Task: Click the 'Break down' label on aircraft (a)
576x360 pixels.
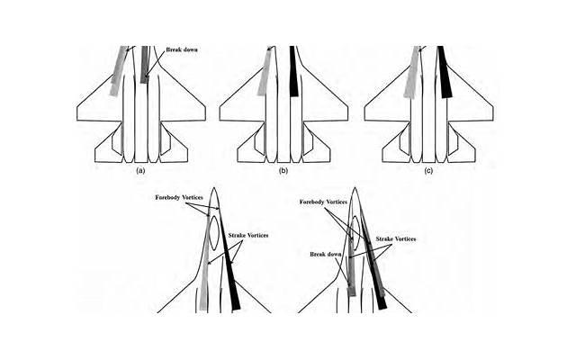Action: click(x=182, y=49)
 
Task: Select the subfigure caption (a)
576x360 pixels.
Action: click(x=140, y=171)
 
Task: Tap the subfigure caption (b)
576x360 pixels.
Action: click(x=283, y=171)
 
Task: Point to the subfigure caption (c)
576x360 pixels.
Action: click(x=428, y=171)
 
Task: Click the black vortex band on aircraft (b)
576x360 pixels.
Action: click(x=293, y=71)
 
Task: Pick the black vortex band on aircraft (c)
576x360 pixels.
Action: click(x=445, y=72)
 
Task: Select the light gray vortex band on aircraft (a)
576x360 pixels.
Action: click(x=119, y=71)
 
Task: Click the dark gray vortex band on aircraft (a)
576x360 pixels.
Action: click(x=144, y=64)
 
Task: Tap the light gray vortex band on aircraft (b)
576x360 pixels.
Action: click(x=265, y=72)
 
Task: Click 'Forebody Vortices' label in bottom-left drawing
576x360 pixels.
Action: click(x=179, y=198)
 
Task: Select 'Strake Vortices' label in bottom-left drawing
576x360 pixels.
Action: click(x=248, y=236)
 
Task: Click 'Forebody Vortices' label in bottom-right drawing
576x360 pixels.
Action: click(x=323, y=202)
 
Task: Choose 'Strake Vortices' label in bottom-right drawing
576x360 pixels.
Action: click(x=396, y=239)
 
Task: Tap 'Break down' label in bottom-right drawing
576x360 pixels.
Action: click(x=326, y=254)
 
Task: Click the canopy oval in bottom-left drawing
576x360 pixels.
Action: click(x=214, y=233)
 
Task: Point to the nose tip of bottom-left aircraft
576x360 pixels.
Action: click(x=214, y=188)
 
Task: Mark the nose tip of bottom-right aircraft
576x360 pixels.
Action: click(x=355, y=188)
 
